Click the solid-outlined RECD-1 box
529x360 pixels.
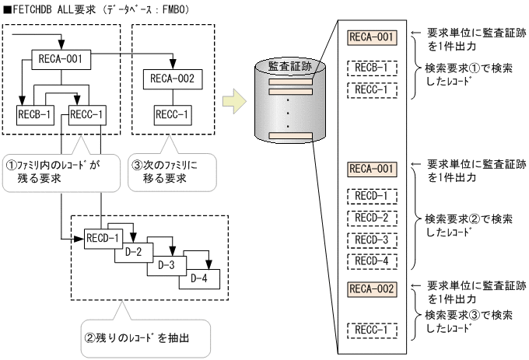click(x=101, y=236)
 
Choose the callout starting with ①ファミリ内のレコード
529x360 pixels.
click(x=61, y=170)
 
